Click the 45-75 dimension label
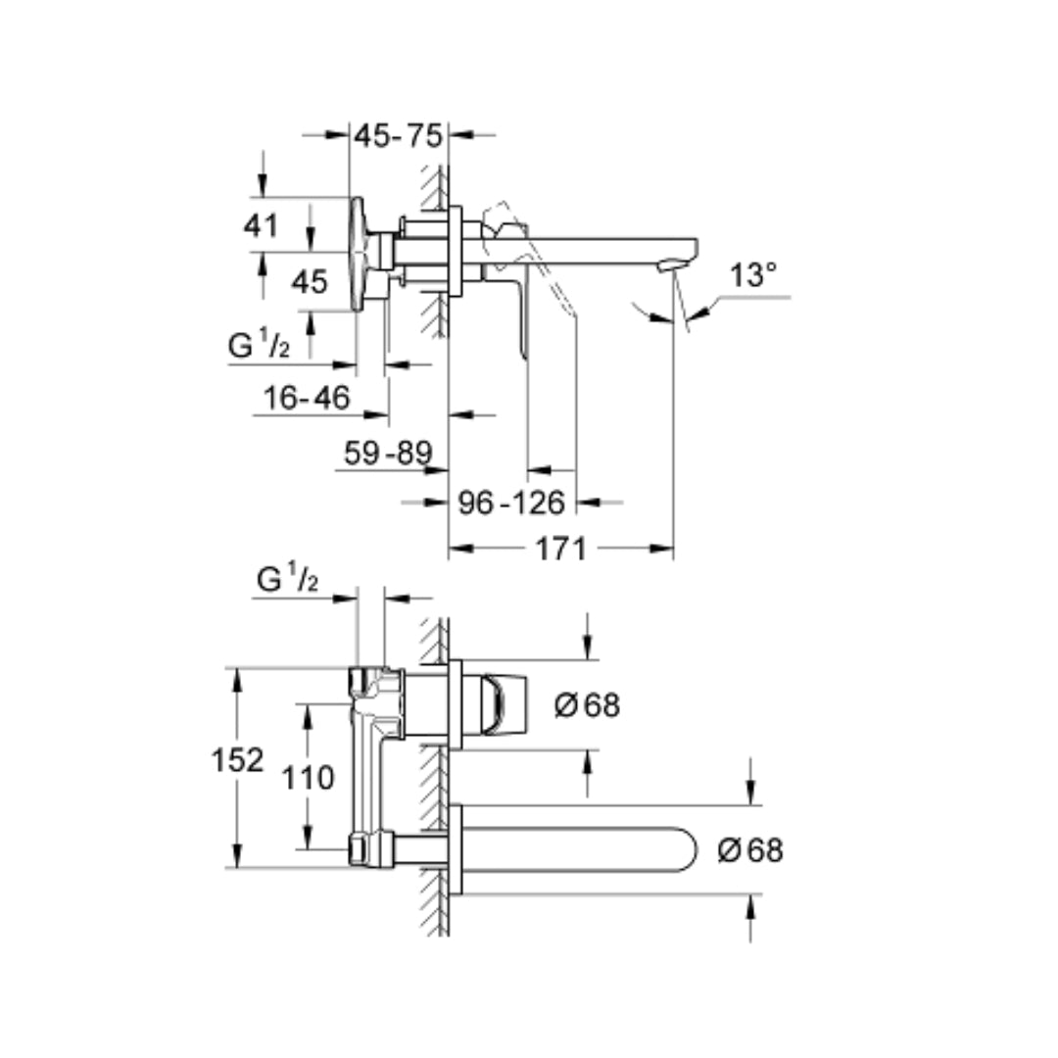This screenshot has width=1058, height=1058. pos(398,136)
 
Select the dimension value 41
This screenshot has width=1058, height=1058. pos(262,225)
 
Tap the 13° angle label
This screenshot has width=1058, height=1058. pos(753,275)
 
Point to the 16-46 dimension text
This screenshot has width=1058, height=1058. pos(307,398)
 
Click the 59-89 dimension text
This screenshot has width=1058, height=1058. pos(388,452)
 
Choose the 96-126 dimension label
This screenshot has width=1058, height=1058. pos(511,503)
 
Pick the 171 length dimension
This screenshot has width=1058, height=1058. pos(560,549)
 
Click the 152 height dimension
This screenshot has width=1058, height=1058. pos(237,760)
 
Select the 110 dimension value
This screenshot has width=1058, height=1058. pos(308,778)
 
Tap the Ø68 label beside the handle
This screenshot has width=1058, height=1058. pos(587,705)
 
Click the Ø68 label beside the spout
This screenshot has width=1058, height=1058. pos(750,850)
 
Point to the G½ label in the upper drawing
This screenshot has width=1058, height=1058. pos(259,346)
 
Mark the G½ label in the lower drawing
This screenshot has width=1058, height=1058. pos(287,578)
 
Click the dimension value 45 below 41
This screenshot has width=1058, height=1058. pos(310,282)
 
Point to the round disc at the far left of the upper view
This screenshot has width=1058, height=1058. pos(358,255)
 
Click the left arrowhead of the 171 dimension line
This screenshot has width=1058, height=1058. pos(460,549)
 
